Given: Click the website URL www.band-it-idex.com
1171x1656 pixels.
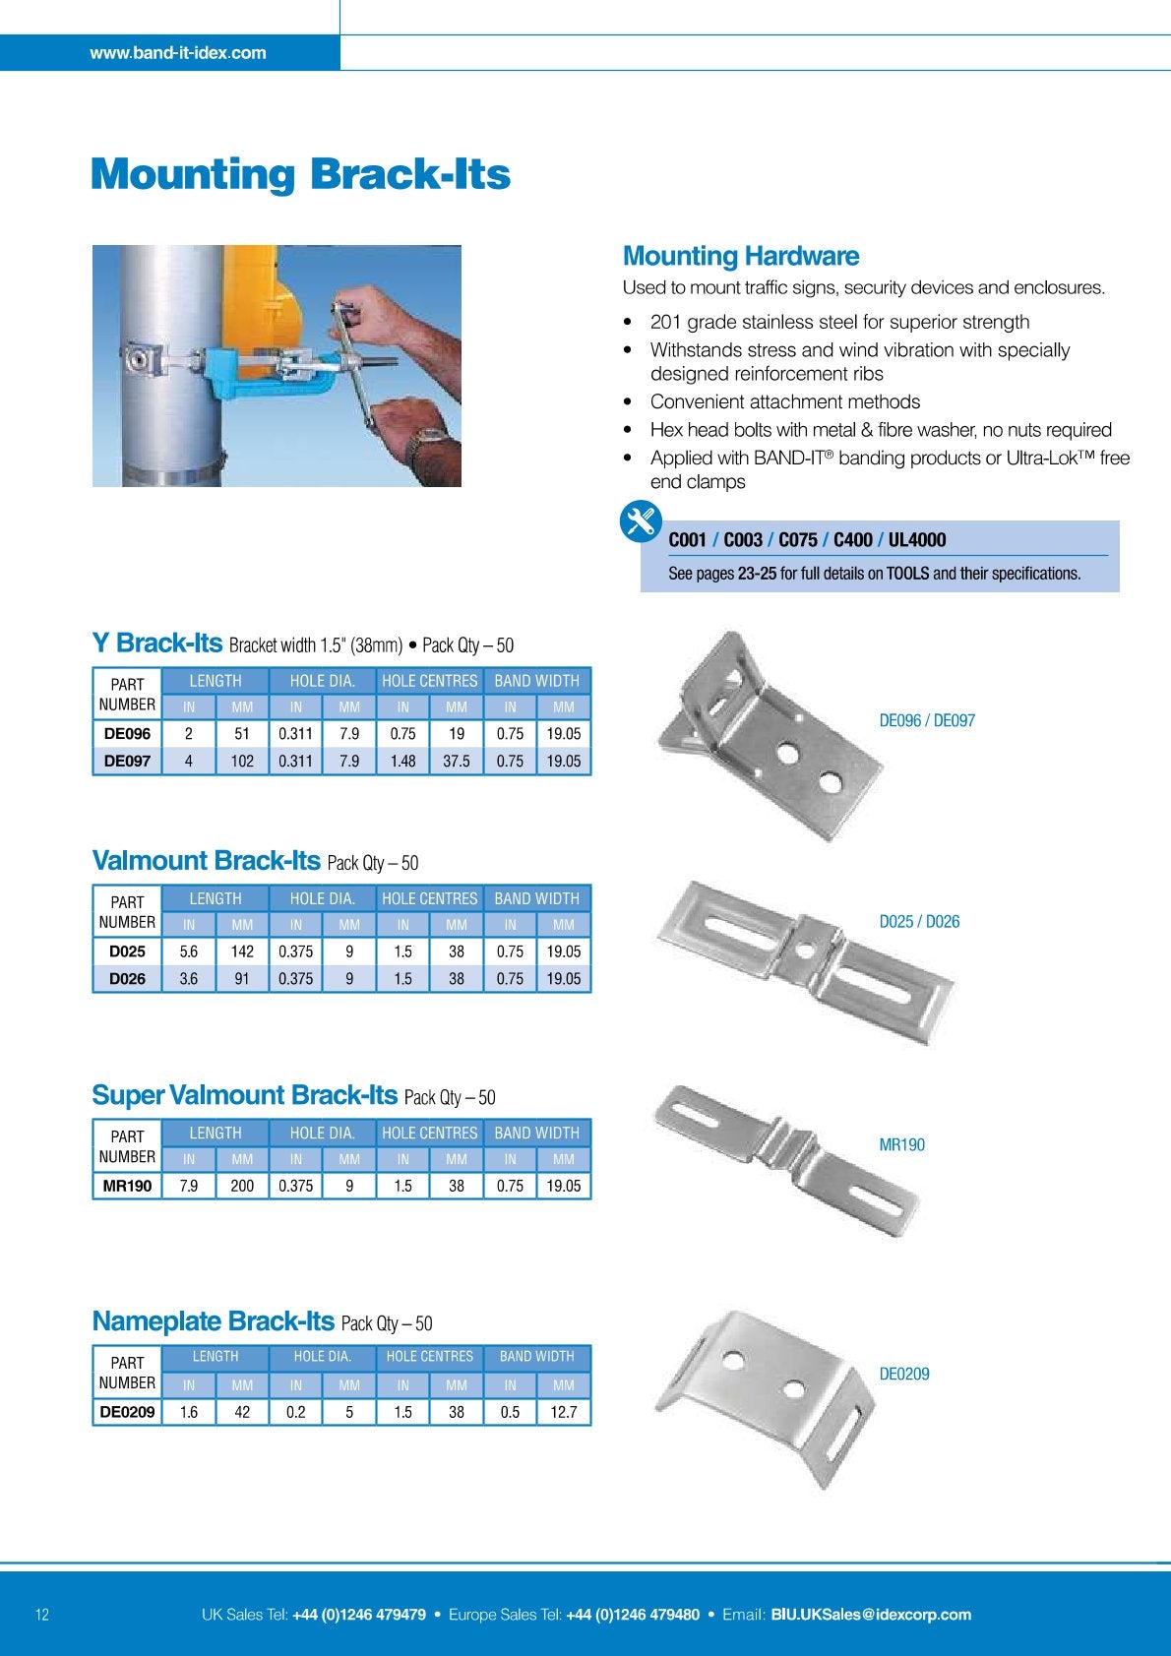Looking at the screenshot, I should tap(178, 53).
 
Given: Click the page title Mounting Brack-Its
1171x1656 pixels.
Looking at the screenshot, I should tap(300, 174).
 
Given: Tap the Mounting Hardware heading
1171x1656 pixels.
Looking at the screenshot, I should tap(740, 257).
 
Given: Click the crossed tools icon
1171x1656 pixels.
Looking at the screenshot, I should tap(641, 521).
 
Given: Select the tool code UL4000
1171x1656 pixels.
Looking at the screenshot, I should tap(917, 540).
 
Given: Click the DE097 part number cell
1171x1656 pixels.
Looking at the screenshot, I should tap(127, 761).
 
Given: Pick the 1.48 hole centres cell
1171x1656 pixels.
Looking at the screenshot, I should tap(402, 761).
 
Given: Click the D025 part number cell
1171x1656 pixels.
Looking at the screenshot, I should tap(127, 951).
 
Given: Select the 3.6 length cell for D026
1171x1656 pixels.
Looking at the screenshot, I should tap(188, 979).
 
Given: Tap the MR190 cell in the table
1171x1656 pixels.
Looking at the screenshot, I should tap(127, 1186).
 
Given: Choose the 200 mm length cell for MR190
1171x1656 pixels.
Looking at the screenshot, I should tap(242, 1186).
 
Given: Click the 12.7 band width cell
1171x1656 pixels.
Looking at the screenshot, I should tap(564, 1412).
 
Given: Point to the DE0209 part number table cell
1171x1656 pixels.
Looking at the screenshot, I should tap(127, 1412).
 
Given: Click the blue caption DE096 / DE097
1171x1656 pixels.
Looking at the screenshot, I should tap(927, 721).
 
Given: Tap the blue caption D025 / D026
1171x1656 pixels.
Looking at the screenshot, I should tap(919, 922).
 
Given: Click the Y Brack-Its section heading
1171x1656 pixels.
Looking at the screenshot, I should tap(157, 644).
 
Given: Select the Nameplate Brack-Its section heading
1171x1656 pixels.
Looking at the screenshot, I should tap(214, 1321).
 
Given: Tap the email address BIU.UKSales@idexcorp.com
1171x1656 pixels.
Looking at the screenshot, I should tap(871, 1615).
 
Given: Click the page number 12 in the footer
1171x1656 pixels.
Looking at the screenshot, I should tap(42, 1615).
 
